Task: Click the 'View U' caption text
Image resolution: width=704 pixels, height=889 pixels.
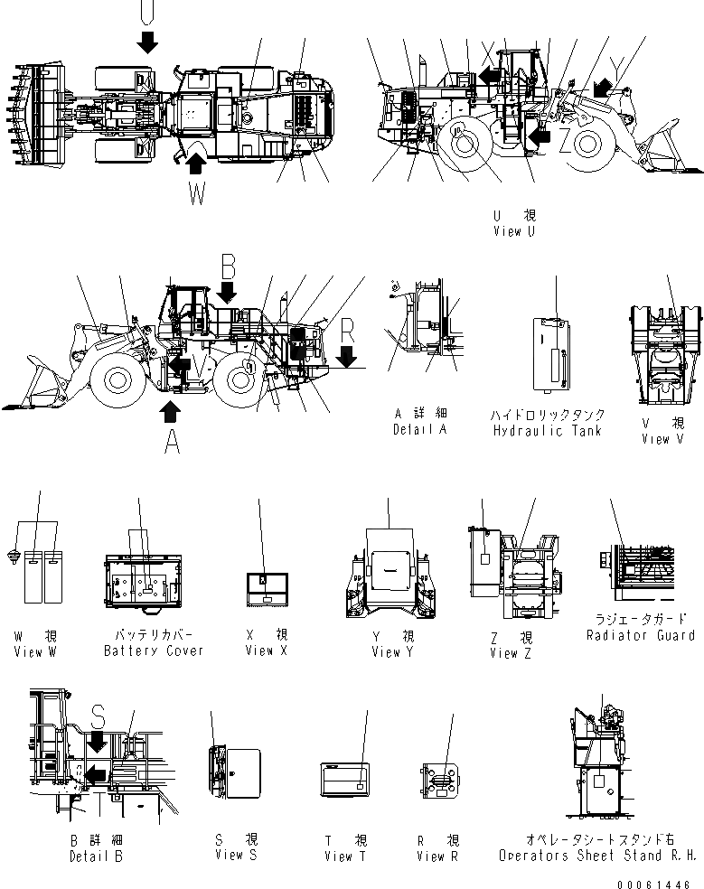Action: point(513,231)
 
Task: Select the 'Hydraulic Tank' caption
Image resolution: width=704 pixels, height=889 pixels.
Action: point(547,431)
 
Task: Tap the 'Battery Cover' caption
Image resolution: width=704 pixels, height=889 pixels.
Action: point(153,650)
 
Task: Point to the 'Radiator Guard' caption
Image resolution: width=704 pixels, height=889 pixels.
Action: point(641,636)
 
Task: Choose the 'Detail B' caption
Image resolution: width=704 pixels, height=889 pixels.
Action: point(96,856)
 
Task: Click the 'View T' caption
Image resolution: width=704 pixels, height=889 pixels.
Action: point(344,856)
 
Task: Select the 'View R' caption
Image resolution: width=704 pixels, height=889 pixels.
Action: point(437,856)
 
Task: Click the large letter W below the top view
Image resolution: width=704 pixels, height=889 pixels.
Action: point(197,193)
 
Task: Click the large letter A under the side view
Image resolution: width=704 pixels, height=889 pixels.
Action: point(169,441)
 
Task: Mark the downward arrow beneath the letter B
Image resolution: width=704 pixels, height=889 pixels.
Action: point(227,292)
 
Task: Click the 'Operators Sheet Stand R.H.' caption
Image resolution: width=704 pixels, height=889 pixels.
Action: point(597,856)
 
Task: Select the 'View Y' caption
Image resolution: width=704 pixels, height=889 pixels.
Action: point(393,651)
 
